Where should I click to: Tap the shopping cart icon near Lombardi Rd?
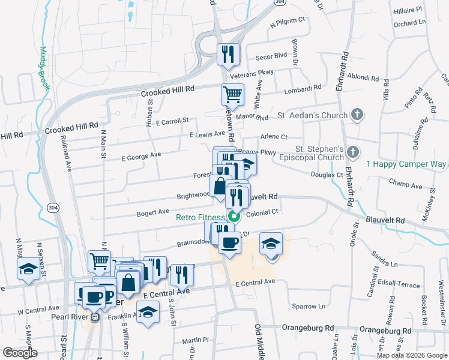coord(232,94)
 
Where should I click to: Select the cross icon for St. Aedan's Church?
coord(357,115)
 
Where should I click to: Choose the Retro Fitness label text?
coord(200,218)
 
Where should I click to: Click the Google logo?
coord(20,353)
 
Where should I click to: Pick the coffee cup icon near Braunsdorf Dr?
coord(229,243)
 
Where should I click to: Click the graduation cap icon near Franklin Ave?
coord(147,312)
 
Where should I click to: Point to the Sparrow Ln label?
coord(308,306)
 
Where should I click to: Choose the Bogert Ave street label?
coord(153,212)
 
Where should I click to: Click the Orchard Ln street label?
coord(409,23)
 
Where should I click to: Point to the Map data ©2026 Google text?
coord(411,355)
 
